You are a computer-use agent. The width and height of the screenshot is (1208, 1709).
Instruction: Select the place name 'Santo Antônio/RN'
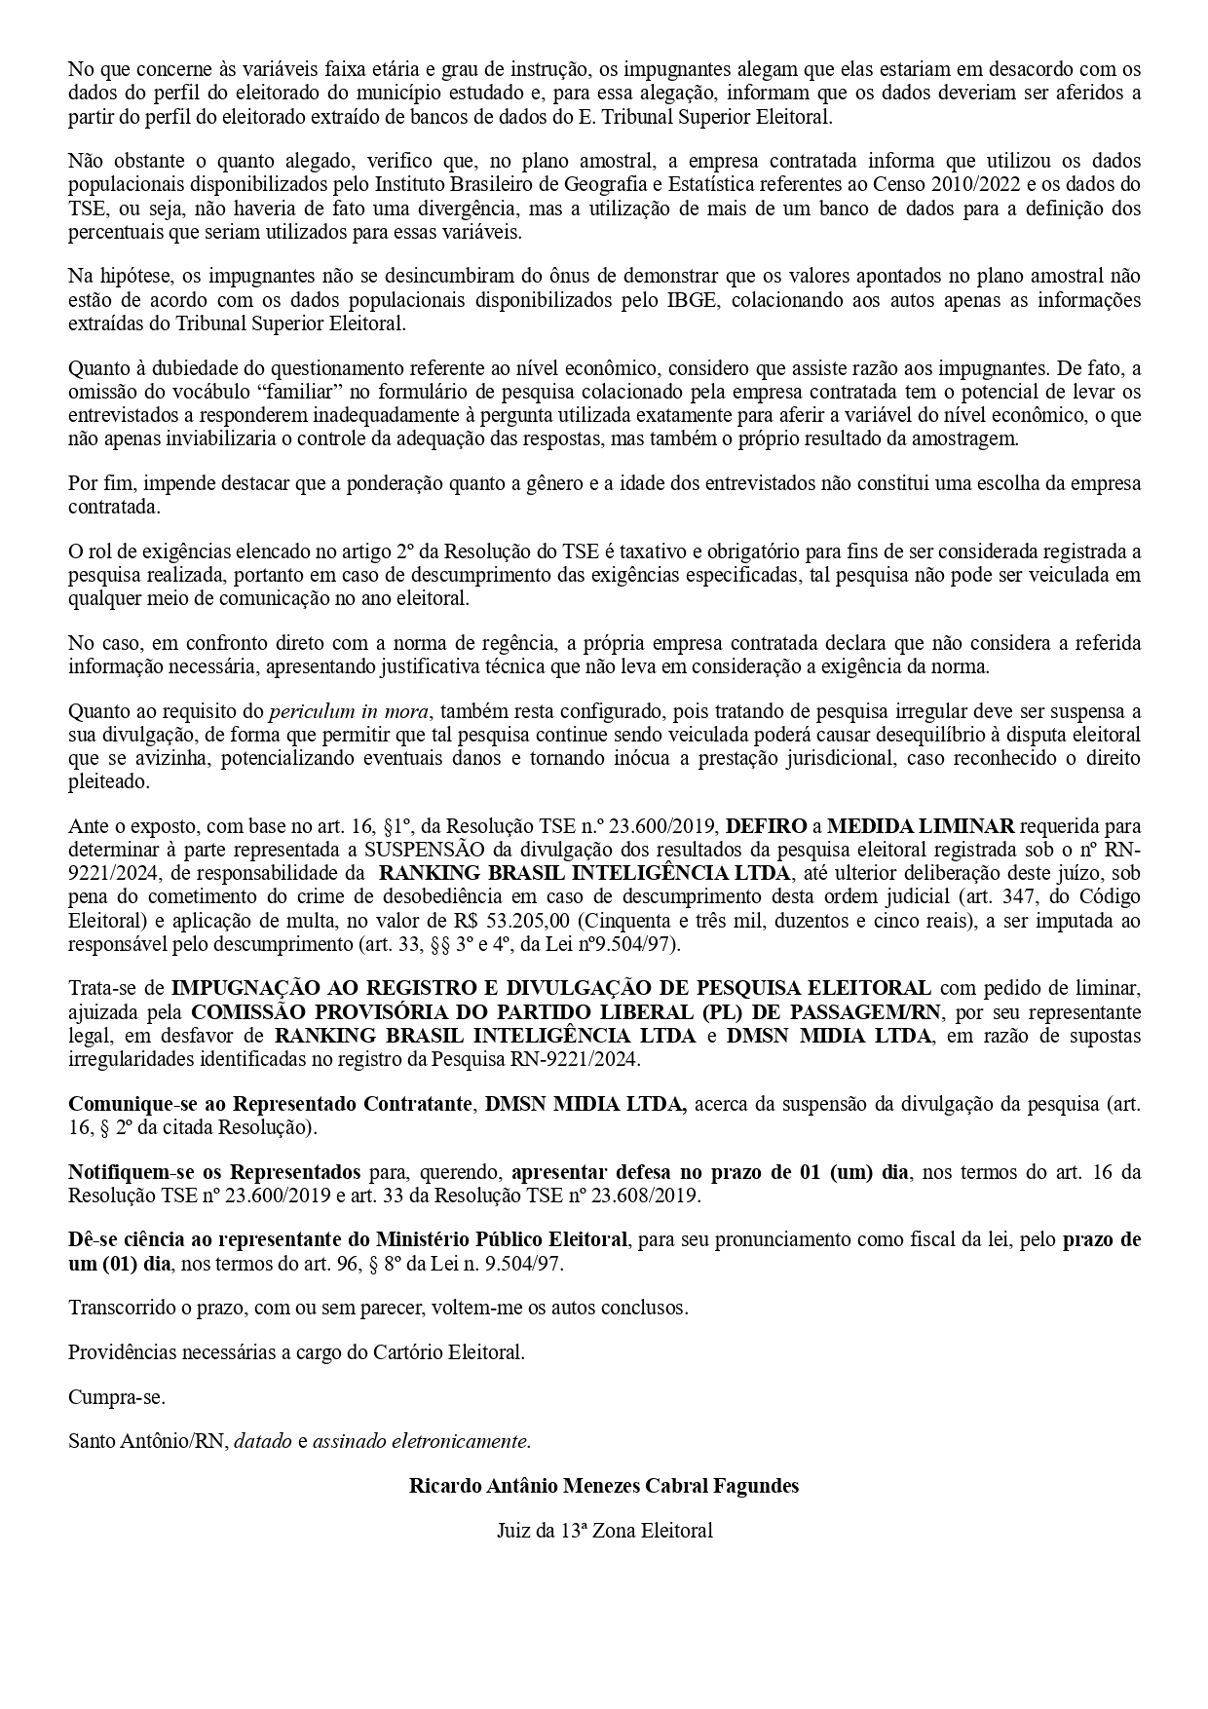(x=146, y=1441)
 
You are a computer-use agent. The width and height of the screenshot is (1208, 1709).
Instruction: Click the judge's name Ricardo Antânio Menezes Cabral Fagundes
(x=604, y=1486)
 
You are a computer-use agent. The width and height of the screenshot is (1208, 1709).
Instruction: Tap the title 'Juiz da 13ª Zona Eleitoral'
(x=604, y=1531)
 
